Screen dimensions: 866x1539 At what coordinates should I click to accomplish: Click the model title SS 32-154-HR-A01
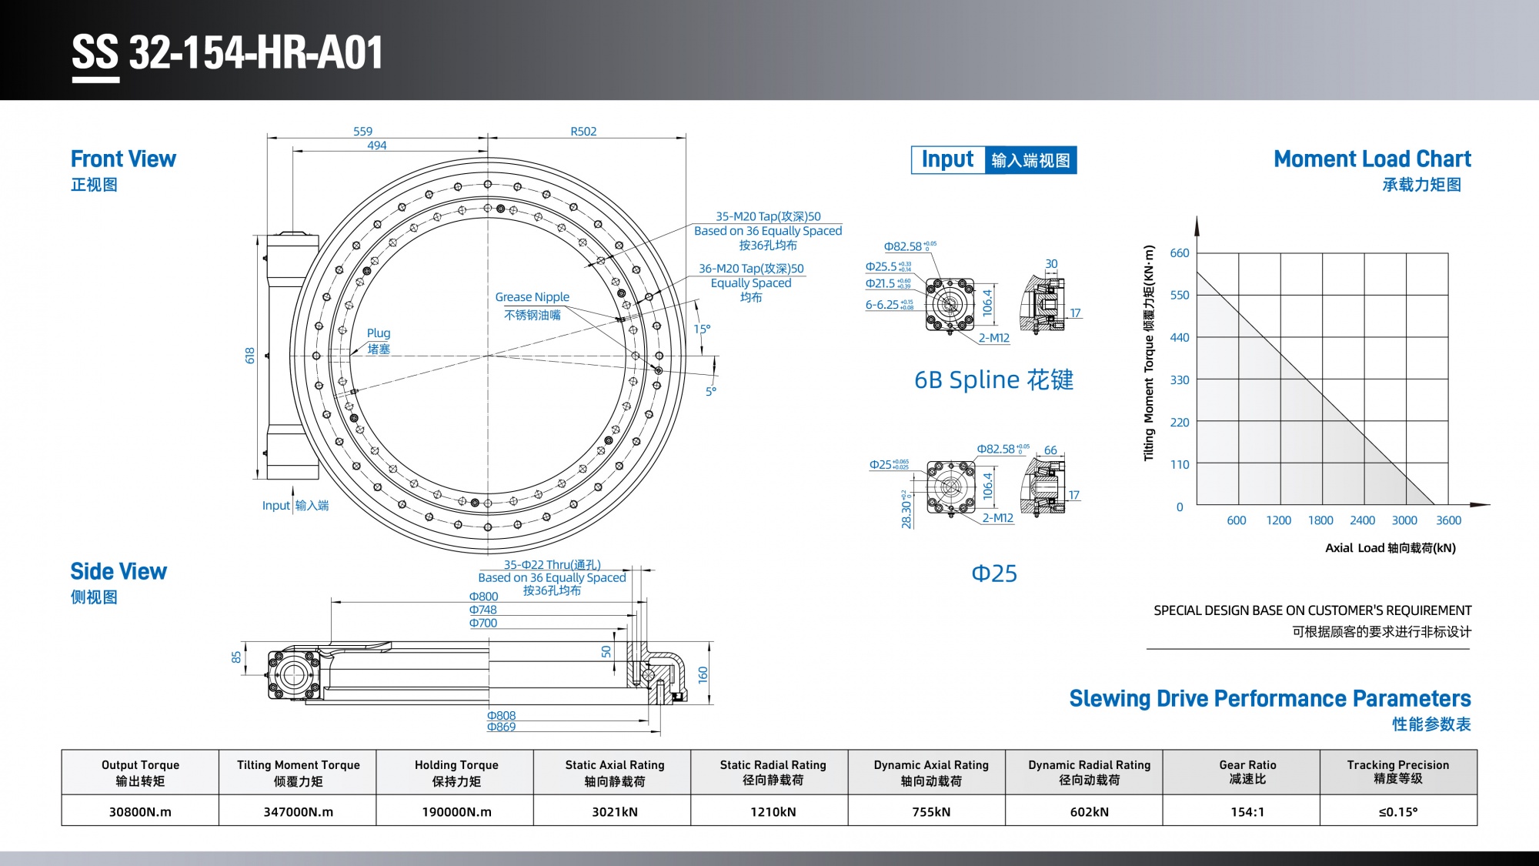coord(227,52)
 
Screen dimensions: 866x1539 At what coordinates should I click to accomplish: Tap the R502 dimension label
coord(583,132)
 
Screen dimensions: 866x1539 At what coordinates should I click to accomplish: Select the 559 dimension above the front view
coord(362,132)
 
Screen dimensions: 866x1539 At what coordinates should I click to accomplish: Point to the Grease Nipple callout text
coord(532,297)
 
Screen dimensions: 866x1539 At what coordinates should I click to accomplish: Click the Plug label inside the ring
coord(379,333)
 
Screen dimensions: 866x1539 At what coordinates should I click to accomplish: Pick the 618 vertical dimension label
coord(249,356)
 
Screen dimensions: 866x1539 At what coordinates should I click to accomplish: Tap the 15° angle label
coord(702,329)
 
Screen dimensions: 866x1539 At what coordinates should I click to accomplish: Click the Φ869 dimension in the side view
coord(501,727)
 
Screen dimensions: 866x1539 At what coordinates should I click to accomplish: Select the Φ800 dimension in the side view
coord(483,597)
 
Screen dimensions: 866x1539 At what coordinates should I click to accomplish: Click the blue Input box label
coord(947,160)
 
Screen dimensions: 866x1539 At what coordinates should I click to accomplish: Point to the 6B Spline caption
coord(993,380)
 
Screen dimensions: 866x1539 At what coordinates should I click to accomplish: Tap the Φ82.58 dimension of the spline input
coord(903,246)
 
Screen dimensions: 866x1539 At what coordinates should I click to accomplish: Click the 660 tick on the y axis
coord(1179,253)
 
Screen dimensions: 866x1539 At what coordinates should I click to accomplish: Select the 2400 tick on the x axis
coord(1362,520)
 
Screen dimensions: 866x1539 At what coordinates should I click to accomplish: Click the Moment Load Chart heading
coord(1372,159)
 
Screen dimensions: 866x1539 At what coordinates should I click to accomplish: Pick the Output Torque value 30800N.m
coord(140,811)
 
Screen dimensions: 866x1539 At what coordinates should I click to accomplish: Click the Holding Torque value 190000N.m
coord(456,811)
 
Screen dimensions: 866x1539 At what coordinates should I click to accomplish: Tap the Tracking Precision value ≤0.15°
coord(1397,811)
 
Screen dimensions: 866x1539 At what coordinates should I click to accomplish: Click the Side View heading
coord(119,572)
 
